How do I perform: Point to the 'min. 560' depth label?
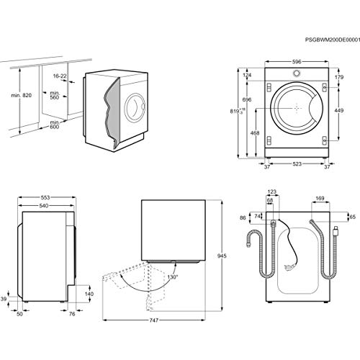52,97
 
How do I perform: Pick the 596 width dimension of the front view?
297,61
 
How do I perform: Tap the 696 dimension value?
246,99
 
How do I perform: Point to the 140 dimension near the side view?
89,294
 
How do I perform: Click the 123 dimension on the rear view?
271,192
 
